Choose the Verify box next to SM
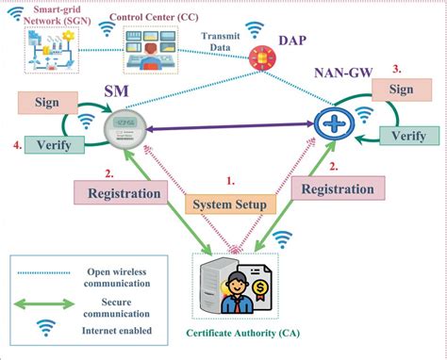[x=54, y=144]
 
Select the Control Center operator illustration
[x=149, y=49]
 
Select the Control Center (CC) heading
[x=155, y=17]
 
